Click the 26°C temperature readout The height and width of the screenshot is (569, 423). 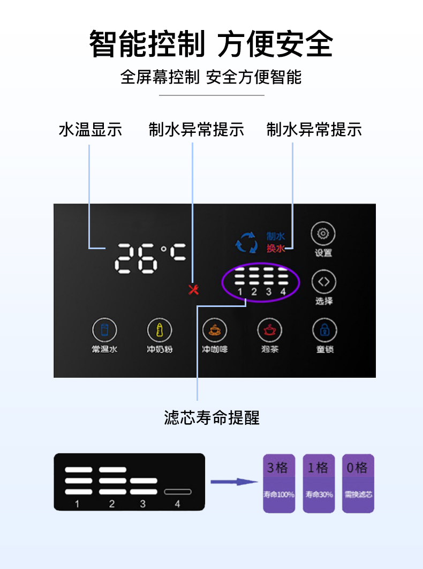point(150,258)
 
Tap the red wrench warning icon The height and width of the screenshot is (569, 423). point(194,289)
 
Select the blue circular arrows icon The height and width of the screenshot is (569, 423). point(247,242)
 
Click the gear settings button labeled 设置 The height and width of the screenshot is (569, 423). point(323,235)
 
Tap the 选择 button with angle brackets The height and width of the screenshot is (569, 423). point(323,282)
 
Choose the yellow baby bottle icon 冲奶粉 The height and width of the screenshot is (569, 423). point(160,330)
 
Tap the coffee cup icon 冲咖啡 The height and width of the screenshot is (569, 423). point(214,330)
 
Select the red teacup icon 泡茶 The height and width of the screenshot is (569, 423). point(269,330)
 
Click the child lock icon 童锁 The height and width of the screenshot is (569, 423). point(324,330)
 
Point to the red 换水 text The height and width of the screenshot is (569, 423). point(276,249)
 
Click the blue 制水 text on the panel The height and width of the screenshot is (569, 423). point(276,236)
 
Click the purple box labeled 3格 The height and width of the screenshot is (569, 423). point(278,483)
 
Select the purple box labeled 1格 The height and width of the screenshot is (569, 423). point(319,483)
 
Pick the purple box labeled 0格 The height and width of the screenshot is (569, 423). point(358,483)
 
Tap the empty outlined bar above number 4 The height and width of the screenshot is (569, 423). point(178,491)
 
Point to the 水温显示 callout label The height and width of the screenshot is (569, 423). point(90,130)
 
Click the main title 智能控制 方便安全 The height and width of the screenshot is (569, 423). point(211,44)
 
